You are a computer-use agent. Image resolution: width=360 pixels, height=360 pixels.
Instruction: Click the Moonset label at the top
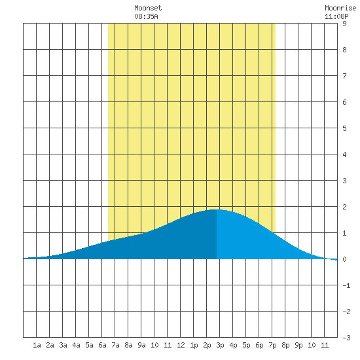point(148,8)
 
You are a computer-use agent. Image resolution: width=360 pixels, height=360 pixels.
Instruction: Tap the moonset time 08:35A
point(146,16)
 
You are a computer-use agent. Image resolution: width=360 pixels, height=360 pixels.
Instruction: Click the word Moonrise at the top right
point(340,8)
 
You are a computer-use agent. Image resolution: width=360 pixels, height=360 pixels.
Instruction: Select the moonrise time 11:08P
point(336,16)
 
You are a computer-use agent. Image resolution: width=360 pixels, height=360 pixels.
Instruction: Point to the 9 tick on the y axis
point(344,24)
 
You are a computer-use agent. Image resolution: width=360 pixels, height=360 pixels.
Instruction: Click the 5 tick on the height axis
point(344,128)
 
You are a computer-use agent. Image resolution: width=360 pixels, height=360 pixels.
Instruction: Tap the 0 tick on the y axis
point(344,259)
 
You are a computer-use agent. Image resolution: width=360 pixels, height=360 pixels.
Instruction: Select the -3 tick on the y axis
point(346,338)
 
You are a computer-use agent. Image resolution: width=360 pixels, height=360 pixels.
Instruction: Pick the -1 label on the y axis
point(346,285)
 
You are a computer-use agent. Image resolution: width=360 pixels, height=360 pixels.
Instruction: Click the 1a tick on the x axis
point(37,345)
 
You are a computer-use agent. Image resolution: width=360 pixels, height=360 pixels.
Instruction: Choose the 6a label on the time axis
point(102,345)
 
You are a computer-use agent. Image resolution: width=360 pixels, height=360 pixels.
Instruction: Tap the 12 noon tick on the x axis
point(181,345)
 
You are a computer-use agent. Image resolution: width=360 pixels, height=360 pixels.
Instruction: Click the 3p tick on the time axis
point(220,345)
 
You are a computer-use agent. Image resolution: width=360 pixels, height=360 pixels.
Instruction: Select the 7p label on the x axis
point(272,345)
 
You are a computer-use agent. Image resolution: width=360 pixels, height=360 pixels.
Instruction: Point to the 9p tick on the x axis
point(298,345)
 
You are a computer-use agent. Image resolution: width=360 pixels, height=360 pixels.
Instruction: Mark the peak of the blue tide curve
point(215,209)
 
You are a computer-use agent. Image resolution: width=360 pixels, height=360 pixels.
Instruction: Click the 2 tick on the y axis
point(344,207)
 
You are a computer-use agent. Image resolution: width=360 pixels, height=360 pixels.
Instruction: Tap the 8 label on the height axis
point(344,50)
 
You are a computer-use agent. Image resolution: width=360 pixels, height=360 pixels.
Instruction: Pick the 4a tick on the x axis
point(76,345)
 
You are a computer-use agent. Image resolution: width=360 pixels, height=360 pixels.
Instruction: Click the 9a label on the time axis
point(141,345)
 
